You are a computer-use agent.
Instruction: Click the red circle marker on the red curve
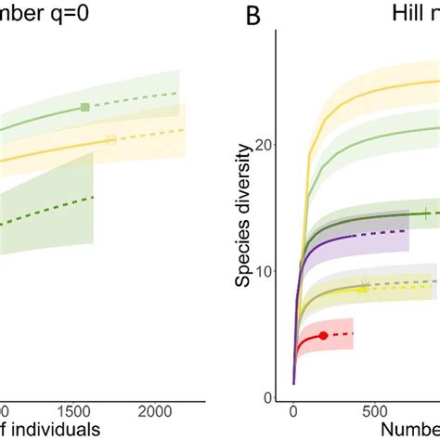(323, 335)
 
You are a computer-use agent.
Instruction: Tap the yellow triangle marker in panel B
(362, 289)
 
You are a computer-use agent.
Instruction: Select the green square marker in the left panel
(85, 108)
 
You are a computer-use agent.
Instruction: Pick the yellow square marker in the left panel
(112, 140)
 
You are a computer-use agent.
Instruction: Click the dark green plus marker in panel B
(427, 214)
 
